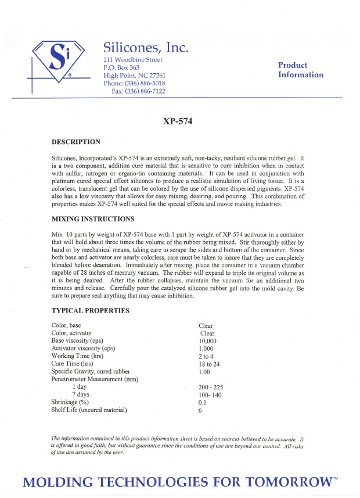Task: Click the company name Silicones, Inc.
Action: [146, 48]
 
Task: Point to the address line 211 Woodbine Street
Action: [133, 60]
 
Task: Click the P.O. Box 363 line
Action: [121, 67]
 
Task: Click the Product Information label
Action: [300, 70]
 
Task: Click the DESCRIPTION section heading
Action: [76, 142]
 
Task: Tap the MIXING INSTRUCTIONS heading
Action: [93, 219]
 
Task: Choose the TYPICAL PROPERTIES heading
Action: [91, 310]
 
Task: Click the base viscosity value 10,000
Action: [207, 341]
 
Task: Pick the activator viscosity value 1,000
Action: [206, 349]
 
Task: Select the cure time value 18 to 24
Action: [209, 364]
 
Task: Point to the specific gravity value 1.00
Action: [204, 372]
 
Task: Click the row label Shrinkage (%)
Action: [70, 402]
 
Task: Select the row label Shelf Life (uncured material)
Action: [89, 410]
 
